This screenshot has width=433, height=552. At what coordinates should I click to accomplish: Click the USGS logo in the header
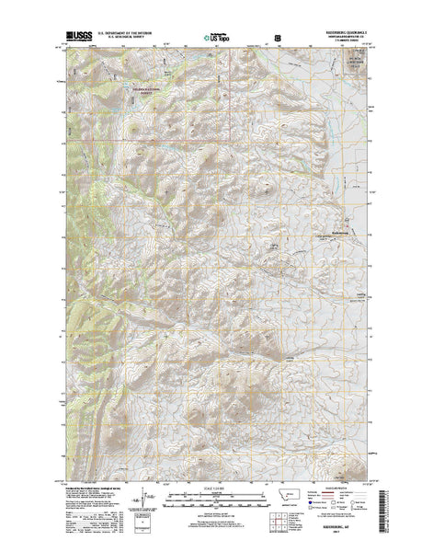pos(78,38)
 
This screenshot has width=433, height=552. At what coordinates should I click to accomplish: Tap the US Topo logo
pos(220,39)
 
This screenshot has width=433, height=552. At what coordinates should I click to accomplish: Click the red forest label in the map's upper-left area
pos(147,89)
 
